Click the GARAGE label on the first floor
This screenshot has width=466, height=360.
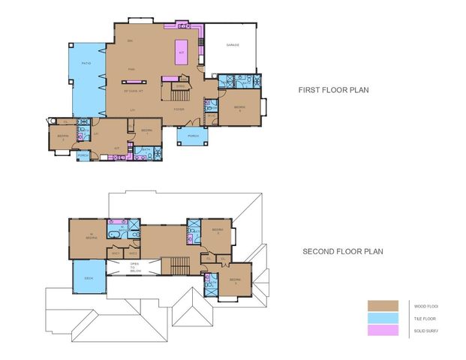click(233, 46)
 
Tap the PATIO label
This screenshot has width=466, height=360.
click(86, 64)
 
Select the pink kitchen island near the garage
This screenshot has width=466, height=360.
click(181, 51)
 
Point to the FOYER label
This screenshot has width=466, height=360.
click(179, 109)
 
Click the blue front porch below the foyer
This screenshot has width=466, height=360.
click(188, 136)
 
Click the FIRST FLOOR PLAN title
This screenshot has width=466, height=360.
click(333, 90)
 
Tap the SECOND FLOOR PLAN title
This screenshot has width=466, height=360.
click(343, 252)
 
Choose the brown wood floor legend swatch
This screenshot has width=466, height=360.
click(383, 306)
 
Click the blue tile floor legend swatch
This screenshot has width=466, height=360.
click(383, 319)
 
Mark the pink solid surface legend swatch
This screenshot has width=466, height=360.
click(383, 331)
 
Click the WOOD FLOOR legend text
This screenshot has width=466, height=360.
click(425, 306)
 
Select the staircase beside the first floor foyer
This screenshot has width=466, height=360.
click(179, 96)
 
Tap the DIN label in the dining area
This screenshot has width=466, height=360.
click(130, 40)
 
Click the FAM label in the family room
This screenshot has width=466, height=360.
click(131, 70)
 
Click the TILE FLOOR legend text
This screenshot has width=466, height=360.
click(425, 319)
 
